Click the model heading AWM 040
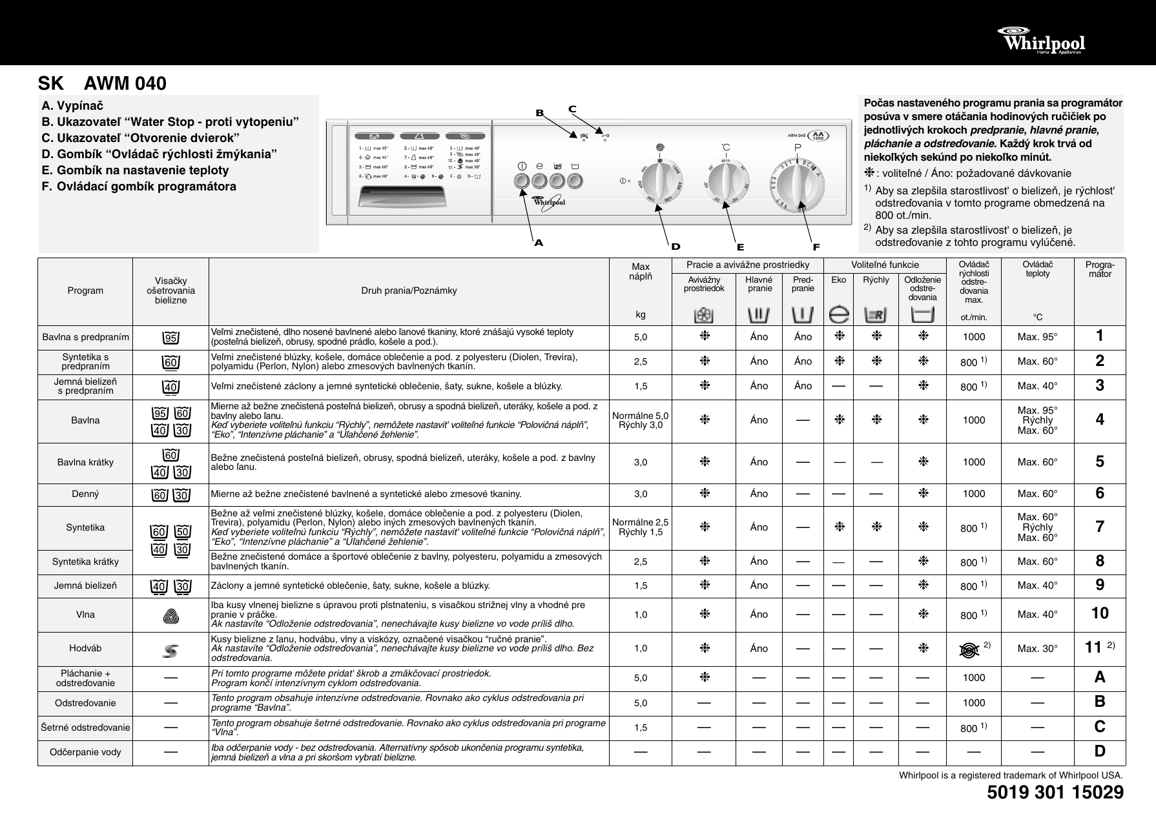[125, 84]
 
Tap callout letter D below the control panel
[676, 247]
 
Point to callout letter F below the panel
[816, 247]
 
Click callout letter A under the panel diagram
[539, 243]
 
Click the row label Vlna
[85, 615]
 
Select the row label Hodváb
[85, 649]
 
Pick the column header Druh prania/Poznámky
[409, 290]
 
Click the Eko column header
[838, 280]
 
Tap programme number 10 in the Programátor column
[1100, 613]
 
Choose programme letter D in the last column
[1100, 751]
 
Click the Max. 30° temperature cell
[1037, 649]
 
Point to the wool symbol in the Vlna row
[170, 616]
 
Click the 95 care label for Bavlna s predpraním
[170, 338]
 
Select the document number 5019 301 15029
[1055, 793]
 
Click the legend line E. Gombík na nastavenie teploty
[135, 170]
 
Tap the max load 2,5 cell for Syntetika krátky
[640, 562]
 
